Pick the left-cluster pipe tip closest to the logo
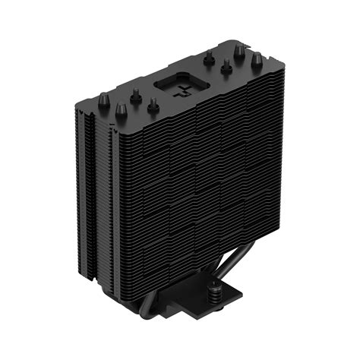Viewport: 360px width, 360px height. pyautogui.click(x=153, y=106)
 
